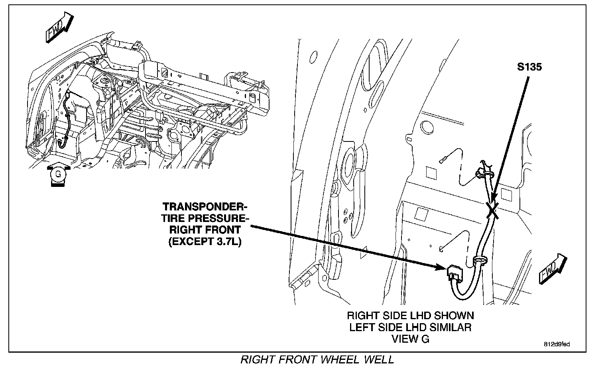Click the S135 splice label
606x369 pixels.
point(529,67)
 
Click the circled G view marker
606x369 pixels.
point(58,174)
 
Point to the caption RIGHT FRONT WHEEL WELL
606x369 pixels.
point(317,359)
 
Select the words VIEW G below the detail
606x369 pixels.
point(411,339)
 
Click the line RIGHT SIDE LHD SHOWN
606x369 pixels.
point(410,316)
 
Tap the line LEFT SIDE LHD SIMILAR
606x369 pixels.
point(410,328)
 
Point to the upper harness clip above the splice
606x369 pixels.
point(484,172)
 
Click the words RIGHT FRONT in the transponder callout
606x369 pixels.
point(205,230)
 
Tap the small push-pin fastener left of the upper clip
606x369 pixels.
point(442,160)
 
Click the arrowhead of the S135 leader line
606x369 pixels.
point(493,202)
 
